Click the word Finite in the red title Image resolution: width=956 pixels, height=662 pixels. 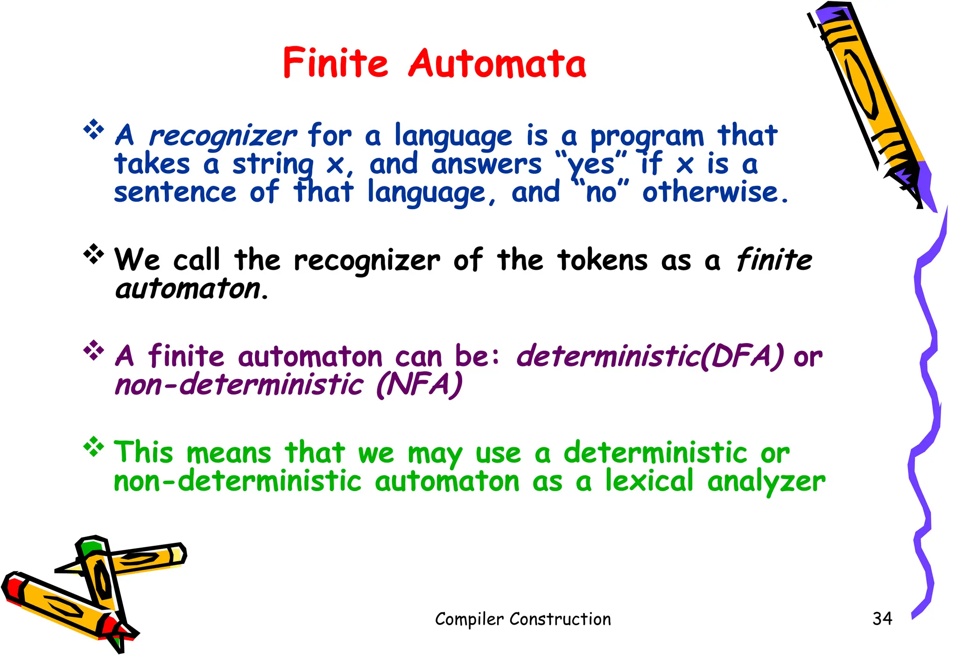335,63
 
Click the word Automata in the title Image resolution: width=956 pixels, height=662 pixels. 497,63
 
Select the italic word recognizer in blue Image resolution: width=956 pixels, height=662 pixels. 222,136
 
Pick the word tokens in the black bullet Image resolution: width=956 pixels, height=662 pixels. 602,260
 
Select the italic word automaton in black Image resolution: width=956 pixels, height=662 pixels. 188,289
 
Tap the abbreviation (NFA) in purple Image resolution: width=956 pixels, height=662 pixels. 419,385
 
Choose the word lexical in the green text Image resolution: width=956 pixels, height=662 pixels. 649,481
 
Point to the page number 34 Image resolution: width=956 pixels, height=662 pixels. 882,619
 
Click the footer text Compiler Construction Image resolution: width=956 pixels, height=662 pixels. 523,619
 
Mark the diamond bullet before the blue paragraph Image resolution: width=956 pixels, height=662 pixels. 94,129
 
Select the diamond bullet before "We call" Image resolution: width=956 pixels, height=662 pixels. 94,254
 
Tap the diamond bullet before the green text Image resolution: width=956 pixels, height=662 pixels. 94,447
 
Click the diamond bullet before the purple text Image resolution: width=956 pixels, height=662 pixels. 94,350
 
